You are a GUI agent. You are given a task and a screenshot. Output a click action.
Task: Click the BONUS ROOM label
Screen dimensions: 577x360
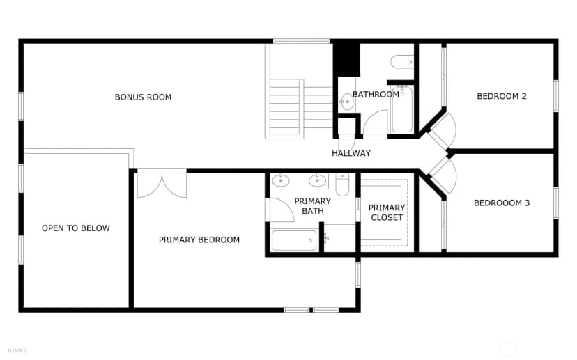pos(143,97)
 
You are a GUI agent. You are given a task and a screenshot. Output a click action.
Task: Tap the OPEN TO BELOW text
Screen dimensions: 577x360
pos(76,228)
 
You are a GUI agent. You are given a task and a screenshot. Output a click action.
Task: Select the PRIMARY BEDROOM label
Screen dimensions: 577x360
pos(199,240)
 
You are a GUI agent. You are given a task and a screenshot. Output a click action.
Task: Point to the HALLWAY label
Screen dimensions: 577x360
pos(351,153)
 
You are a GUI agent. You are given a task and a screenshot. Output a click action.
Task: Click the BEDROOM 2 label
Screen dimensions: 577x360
pos(502,96)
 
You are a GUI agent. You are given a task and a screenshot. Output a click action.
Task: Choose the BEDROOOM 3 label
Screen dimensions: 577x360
pos(502,203)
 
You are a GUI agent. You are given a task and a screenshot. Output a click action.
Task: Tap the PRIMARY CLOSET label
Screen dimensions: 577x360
pos(387,212)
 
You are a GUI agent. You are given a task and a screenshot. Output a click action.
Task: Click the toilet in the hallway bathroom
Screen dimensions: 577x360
pos(402,62)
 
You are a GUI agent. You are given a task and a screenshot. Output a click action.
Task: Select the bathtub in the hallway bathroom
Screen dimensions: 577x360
pos(402,109)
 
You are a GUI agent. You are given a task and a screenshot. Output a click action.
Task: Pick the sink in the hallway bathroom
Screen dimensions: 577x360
pos(346,102)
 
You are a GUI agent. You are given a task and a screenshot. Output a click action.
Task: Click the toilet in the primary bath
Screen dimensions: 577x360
pos(342,185)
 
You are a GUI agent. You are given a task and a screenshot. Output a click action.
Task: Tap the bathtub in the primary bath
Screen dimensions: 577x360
pos(294,240)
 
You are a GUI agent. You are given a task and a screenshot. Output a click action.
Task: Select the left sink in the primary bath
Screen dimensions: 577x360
pos(281,180)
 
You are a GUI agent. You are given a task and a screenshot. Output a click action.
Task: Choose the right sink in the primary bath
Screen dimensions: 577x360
pos(318,180)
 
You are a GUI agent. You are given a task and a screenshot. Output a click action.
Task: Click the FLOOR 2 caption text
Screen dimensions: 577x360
pos(17,351)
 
